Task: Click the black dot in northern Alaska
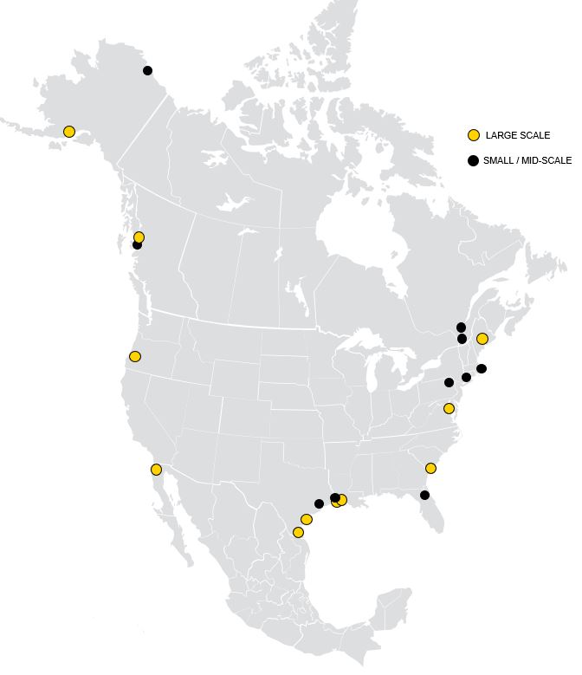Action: click(x=147, y=70)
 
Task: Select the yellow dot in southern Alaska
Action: click(x=69, y=132)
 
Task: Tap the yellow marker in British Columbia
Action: click(x=139, y=237)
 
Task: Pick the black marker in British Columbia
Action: click(x=137, y=245)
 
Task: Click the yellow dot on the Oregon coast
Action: click(x=134, y=356)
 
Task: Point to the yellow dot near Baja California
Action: click(x=156, y=470)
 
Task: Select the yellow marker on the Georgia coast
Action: click(x=430, y=468)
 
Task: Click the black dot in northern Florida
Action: click(x=424, y=496)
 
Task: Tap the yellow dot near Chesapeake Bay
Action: click(x=449, y=408)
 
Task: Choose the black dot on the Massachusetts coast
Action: click(x=482, y=368)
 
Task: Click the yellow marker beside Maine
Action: click(x=482, y=339)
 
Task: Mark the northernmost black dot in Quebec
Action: click(x=461, y=328)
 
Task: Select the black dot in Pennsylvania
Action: click(x=449, y=382)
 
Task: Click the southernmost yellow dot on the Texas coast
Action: click(x=298, y=532)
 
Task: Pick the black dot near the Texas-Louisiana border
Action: click(x=319, y=503)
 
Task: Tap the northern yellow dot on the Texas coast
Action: click(x=307, y=519)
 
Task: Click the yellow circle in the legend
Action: click(x=474, y=135)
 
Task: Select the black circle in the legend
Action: click(x=474, y=160)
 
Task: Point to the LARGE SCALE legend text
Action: click(x=518, y=135)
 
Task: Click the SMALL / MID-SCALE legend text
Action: click(x=527, y=160)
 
